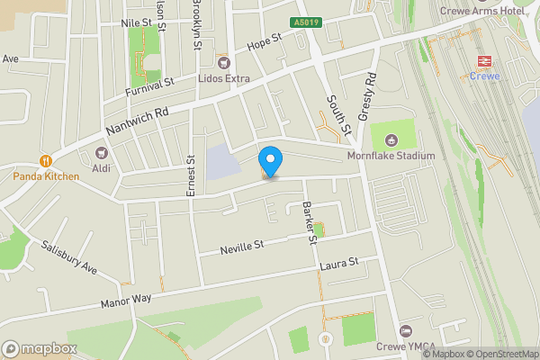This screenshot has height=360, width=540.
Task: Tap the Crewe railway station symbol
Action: click(484, 61)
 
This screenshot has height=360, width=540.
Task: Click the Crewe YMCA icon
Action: click(405, 333)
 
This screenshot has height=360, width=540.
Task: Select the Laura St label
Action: click(338, 264)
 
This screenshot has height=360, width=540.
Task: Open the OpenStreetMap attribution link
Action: click(500, 354)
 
